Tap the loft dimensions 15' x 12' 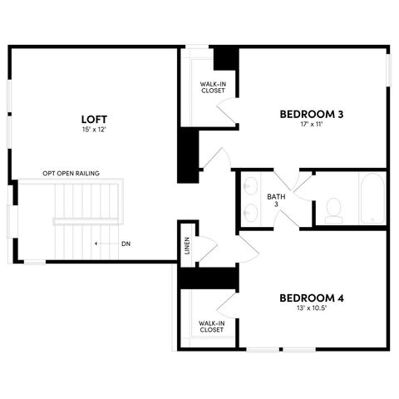click(x=93, y=130)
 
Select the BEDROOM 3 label click(x=312, y=114)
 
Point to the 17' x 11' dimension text click(x=312, y=125)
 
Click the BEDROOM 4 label click(x=312, y=298)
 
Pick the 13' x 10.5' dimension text click(x=312, y=308)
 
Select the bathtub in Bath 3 click(x=372, y=199)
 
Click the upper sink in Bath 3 click(x=251, y=187)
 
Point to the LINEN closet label click(x=188, y=245)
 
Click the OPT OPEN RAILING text click(x=71, y=174)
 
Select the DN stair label click(x=126, y=244)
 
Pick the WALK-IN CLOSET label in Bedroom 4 click(x=211, y=326)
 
